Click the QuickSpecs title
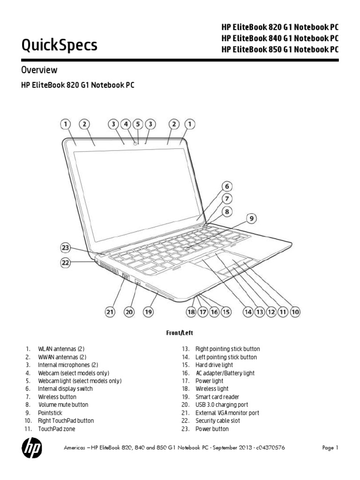coord(60,45)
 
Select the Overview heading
coord(39,70)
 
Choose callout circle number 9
coord(252,218)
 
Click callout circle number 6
coord(227,185)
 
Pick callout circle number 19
coord(149,311)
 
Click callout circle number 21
coord(109,311)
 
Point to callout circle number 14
coord(247,311)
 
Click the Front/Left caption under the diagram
coord(180,332)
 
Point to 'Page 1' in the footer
coord(330,448)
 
